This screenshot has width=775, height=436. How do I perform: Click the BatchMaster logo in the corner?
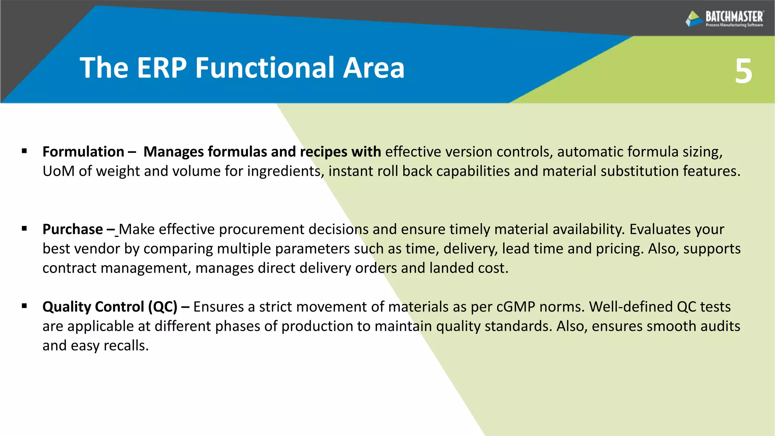click(x=724, y=18)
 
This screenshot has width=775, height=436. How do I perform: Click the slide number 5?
click(x=743, y=71)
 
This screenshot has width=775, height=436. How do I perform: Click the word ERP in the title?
click(x=162, y=68)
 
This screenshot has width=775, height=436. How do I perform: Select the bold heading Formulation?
click(x=83, y=152)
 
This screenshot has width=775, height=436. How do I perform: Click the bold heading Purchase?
click(x=73, y=229)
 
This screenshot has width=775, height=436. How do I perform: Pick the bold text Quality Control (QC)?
click(x=110, y=307)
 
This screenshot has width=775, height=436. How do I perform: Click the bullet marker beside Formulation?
click(x=25, y=151)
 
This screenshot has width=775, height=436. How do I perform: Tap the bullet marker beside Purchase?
click(x=25, y=229)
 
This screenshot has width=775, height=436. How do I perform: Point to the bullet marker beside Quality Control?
click(x=25, y=306)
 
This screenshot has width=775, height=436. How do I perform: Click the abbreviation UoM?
click(x=58, y=171)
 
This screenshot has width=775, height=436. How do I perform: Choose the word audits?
click(x=720, y=326)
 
